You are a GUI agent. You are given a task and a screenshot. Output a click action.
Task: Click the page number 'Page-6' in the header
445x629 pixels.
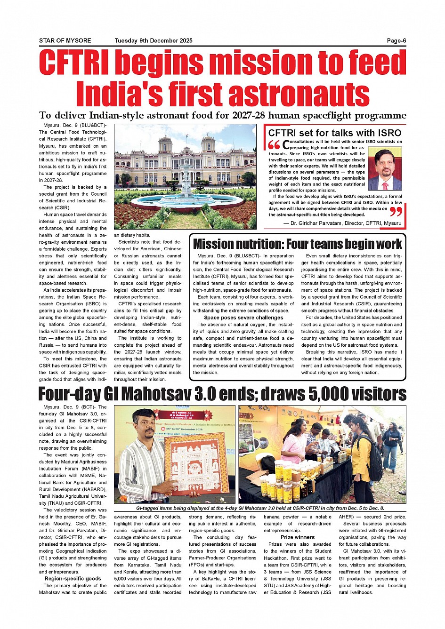[x=396, y=40]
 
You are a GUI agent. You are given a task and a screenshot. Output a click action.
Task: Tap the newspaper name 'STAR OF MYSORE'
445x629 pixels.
[x=65, y=40]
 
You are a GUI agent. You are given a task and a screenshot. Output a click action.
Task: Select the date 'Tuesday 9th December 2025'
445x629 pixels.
[x=154, y=40]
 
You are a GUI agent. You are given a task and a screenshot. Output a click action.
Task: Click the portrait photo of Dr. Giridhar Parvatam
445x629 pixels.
[x=384, y=169]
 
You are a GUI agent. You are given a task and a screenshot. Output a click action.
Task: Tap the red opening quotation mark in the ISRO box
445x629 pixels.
[x=274, y=145]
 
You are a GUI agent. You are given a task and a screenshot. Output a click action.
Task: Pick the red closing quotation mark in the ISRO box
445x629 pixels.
[x=396, y=212]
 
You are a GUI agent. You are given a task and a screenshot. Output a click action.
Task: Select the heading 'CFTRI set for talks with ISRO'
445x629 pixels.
[x=334, y=133]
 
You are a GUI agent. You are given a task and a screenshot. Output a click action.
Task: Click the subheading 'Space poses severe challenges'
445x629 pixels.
[x=243, y=318]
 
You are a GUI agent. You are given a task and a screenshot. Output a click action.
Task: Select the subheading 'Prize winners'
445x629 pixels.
[x=298, y=537]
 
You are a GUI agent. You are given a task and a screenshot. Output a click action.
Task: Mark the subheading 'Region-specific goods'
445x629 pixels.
[x=73, y=579]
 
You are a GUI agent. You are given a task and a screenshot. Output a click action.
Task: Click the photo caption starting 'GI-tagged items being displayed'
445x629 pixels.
[x=260, y=508]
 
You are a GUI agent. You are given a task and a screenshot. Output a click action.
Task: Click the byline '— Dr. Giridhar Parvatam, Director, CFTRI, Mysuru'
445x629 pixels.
[x=342, y=223]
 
